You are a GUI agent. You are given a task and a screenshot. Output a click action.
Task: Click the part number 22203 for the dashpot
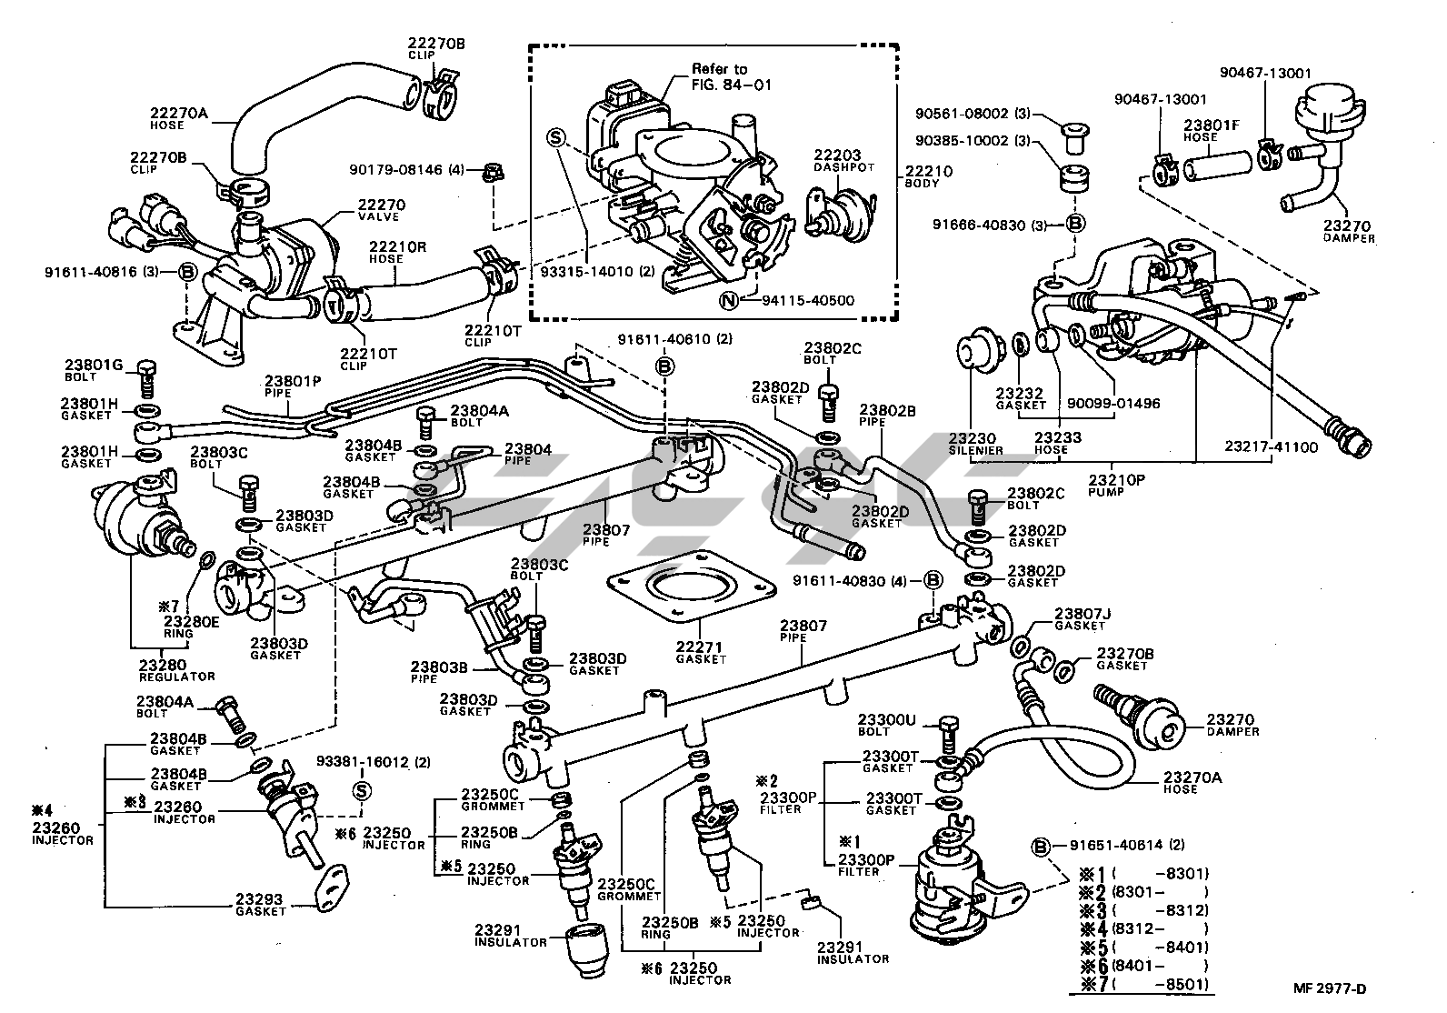[837, 156]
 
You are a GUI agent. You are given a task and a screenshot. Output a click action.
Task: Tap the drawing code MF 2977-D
[1331, 989]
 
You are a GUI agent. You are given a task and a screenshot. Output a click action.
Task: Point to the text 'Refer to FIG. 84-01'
[719, 76]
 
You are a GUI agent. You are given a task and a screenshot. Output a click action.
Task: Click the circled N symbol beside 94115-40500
[728, 301]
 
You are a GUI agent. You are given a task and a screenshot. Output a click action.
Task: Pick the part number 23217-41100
[1271, 448]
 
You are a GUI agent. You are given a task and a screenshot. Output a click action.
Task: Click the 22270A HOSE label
[179, 119]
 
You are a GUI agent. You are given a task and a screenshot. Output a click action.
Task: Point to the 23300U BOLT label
[886, 725]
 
